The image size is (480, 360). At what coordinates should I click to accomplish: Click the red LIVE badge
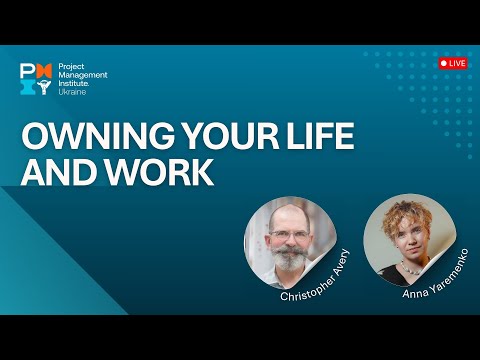[453, 63]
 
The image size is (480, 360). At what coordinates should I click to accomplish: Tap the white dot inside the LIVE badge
[445, 63]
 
